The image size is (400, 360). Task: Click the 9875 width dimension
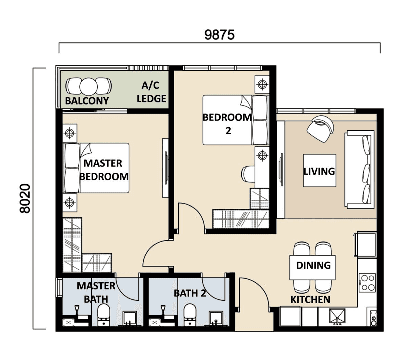219,35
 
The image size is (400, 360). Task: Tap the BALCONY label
87,101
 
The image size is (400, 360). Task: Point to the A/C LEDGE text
151,92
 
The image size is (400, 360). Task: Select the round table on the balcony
88,87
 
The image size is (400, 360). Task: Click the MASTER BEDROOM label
104,170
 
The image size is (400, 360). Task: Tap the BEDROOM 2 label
227,124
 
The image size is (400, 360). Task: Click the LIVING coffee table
319,171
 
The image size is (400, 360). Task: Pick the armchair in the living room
320,129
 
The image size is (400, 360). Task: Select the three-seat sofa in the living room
359,170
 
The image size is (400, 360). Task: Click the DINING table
312,267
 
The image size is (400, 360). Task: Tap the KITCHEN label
310,300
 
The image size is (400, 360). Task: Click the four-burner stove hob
367,283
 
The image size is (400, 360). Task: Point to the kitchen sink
337,316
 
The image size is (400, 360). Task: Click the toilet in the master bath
104,315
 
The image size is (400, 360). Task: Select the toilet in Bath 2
190,315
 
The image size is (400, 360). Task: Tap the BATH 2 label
190,293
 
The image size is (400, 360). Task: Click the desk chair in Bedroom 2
248,174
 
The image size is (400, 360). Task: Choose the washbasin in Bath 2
216,318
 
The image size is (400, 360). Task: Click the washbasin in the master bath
129,318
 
